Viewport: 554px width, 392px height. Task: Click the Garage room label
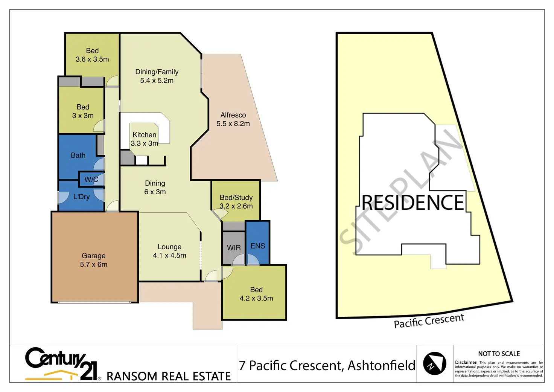93,256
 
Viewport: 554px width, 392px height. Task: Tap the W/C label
91,179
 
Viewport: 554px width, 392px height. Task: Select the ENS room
258,246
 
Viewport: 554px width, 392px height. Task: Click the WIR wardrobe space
234,248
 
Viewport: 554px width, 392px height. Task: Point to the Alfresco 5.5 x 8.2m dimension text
233,124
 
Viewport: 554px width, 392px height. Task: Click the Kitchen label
144,135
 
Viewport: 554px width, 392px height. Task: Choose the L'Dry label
81,197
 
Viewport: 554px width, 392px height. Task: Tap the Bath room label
78,155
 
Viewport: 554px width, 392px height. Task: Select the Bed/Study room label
236,197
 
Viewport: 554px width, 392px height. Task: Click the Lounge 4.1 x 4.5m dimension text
169,255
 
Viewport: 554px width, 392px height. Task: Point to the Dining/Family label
157,72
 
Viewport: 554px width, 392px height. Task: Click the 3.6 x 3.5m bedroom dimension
92,59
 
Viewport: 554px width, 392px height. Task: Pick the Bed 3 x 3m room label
83,107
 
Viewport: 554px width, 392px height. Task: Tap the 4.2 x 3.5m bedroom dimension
256,298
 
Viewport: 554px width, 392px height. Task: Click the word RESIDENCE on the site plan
413,203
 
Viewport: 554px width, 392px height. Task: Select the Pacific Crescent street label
429,320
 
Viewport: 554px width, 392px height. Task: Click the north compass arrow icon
434,364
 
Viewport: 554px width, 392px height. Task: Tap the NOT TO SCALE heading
499,354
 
